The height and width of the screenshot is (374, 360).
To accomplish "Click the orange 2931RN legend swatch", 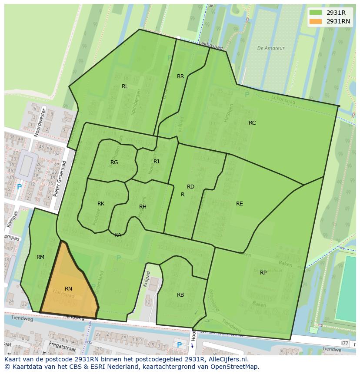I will click(x=316, y=21).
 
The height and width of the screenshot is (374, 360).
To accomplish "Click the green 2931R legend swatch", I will click(x=316, y=13).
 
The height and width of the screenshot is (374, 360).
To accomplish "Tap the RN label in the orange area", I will click(x=68, y=289).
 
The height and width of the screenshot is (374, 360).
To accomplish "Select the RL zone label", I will click(x=125, y=86).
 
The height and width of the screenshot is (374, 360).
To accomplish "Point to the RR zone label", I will click(x=180, y=76).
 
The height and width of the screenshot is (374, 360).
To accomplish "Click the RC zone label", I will click(x=252, y=123).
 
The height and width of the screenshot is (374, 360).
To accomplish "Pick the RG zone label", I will click(x=114, y=162).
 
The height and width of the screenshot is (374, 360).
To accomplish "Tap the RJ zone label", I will click(x=156, y=162).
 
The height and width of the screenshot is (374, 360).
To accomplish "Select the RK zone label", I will click(x=101, y=204).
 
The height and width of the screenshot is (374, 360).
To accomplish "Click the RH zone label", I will click(x=143, y=207).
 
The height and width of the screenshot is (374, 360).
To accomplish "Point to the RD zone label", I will click(x=190, y=187).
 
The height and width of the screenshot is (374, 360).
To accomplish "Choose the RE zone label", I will click(x=239, y=204).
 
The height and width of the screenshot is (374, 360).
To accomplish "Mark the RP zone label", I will click(x=263, y=273).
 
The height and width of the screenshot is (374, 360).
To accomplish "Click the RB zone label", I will click(x=180, y=295).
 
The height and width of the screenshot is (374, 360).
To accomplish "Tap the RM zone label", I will click(x=40, y=257).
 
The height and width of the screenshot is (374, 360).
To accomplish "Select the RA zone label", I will click(x=118, y=235).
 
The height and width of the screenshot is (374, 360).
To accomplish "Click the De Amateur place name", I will click(x=270, y=48).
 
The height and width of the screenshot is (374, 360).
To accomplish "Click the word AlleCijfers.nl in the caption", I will click(x=228, y=359).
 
